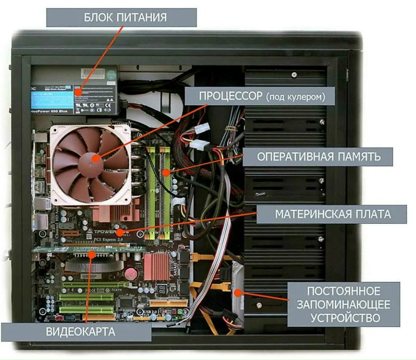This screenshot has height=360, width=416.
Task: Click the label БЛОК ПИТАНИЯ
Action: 122,18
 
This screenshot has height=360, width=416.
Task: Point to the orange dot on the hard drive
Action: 238,292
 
